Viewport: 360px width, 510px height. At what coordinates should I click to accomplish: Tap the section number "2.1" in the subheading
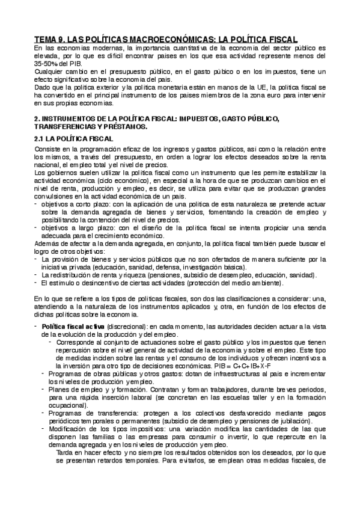pos(40,139)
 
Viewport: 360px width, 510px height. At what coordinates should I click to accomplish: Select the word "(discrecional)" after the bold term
pos(123,326)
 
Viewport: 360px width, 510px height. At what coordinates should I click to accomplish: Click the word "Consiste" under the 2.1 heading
pos(49,149)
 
